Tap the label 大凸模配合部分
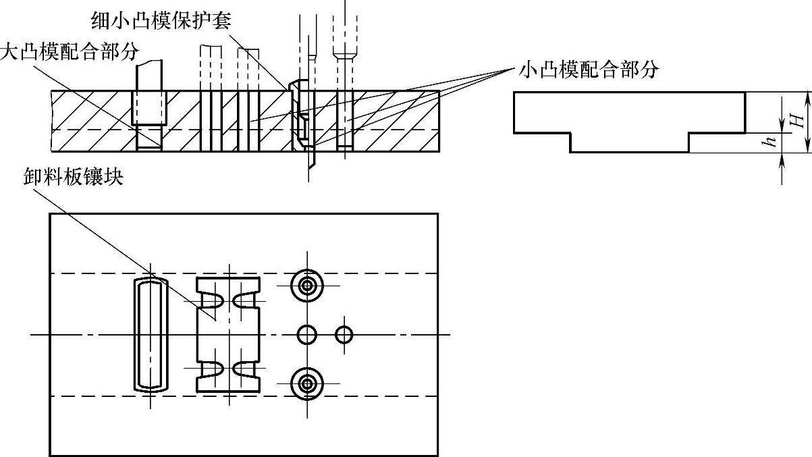[69, 53]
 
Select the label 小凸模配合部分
[589, 69]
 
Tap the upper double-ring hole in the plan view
[307, 286]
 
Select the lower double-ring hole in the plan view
[307, 383]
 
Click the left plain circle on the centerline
[307, 334]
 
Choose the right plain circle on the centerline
[344, 334]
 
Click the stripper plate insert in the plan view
[228, 335]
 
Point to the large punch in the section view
[147, 101]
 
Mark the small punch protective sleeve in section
[298, 111]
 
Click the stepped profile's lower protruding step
[629, 142]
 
